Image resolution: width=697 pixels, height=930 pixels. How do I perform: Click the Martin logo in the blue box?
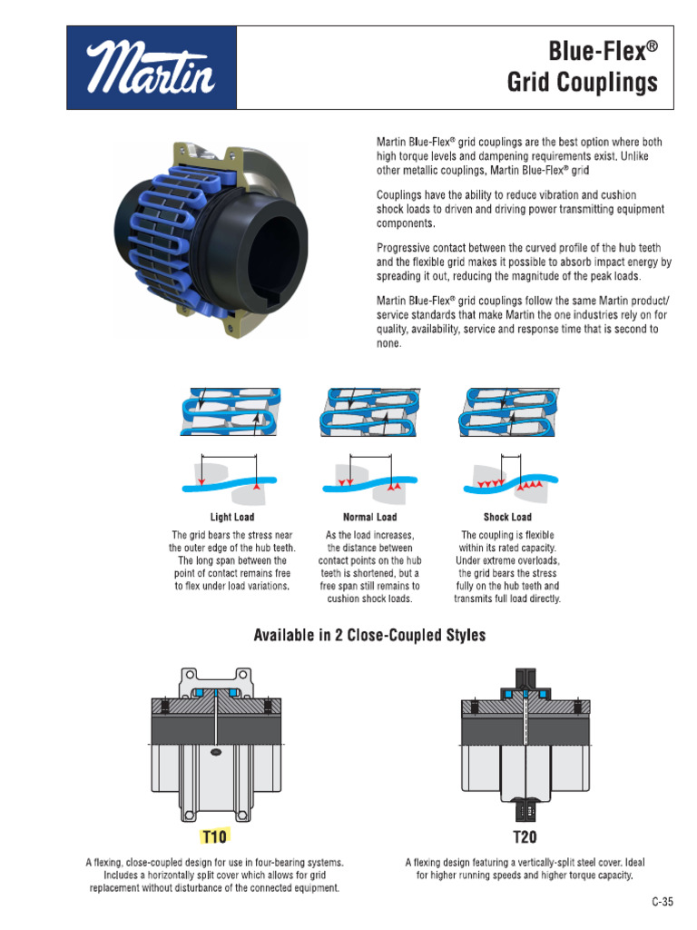coord(151,68)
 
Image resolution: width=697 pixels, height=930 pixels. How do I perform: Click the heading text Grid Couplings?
coord(582,84)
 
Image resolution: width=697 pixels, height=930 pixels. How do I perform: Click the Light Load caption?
coord(232,517)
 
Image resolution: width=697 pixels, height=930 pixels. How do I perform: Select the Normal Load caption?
coord(369,517)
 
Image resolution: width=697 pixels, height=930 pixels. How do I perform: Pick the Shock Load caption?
coord(507,517)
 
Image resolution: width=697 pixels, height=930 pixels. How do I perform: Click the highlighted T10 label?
coord(214,836)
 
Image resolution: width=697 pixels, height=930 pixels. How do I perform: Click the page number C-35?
coord(663,902)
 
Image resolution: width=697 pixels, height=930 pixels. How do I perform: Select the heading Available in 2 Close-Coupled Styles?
coord(369,636)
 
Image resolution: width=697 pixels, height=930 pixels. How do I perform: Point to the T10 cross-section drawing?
coord(215,745)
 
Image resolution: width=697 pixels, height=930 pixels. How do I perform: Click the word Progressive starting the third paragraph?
coord(406,248)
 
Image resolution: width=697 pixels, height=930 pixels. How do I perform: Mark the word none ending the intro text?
coord(388,344)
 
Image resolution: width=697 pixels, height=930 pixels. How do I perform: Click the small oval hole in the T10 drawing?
coord(215,752)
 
